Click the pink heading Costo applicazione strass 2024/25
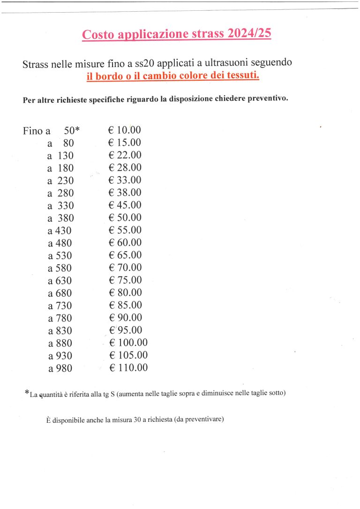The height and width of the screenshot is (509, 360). [x=176, y=34]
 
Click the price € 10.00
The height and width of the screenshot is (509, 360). [x=124, y=130]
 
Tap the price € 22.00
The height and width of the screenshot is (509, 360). [x=125, y=155]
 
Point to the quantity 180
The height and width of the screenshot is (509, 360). [x=66, y=168]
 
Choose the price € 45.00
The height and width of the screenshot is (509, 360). [x=125, y=205]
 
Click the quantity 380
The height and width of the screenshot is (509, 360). [x=66, y=218]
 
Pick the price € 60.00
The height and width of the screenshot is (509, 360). [x=125, y=243]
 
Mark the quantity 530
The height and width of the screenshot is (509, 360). [x=64, y=256]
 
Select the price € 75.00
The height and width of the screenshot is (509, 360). [x=125, y=280]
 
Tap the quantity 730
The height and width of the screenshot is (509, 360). [x=64, y=306]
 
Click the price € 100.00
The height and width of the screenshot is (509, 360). [x=128, y=343]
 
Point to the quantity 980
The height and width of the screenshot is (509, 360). [x=64, y=368]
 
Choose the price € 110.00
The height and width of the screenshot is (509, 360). [x=128, y=368]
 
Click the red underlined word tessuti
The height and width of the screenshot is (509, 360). [x=242, y=76]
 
